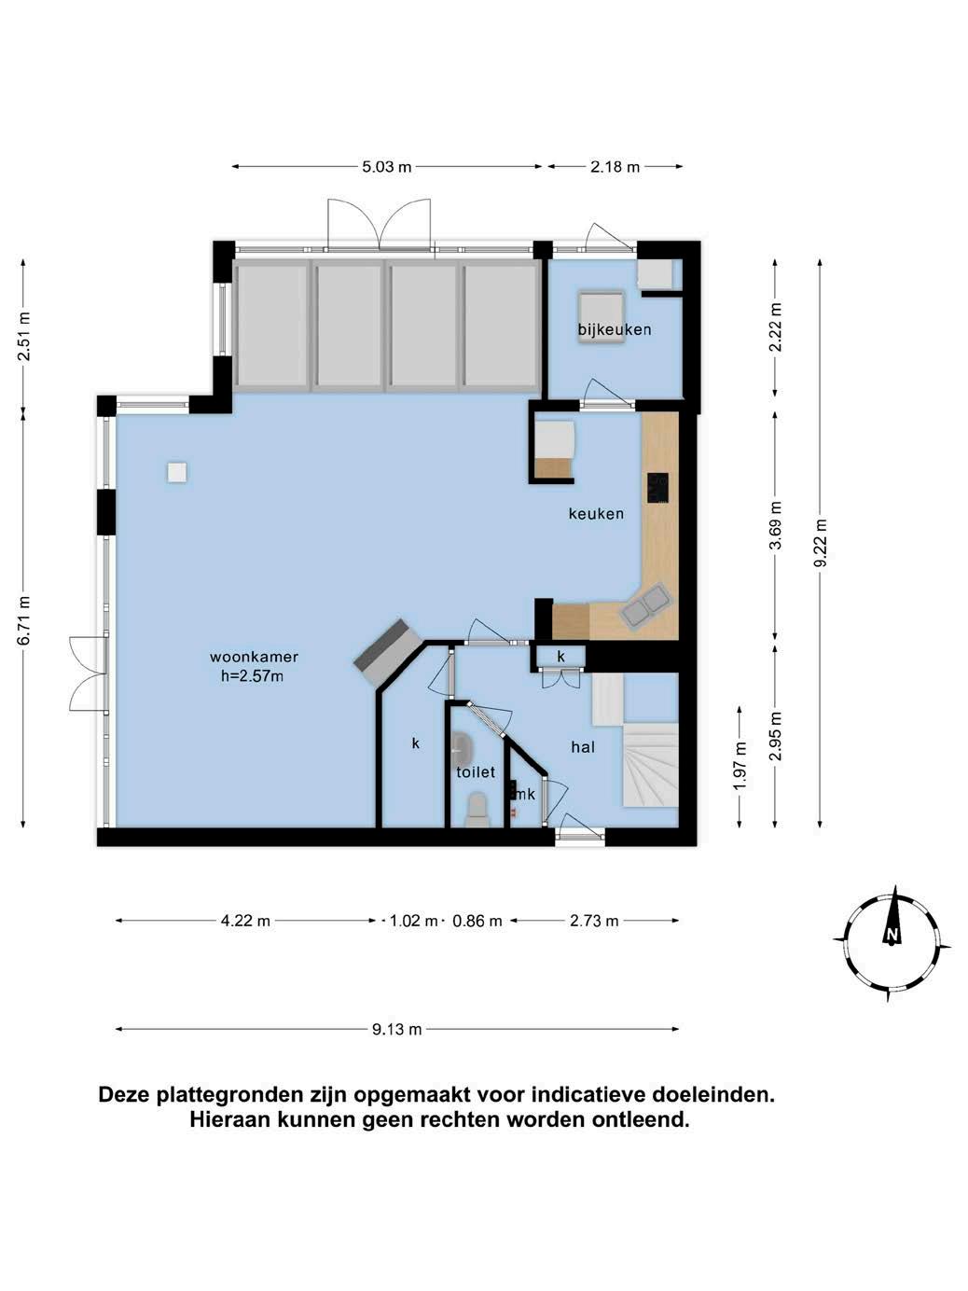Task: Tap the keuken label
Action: pyautogui.click(x=596, y=514)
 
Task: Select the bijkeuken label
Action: pyautogui.click(x=615, y=329)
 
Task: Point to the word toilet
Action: pyautogui.click(x=476, y=771)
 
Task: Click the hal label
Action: pyautogui.click(x=583, y=747)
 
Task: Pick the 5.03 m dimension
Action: pyautogui.click(x=386, y=166)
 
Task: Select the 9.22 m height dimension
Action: pyautogui.click(x=820, y=543)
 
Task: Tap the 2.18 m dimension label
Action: pyautogui.click(x=615, y=166)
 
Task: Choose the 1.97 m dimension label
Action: pyautogui.click(x=740, y=766)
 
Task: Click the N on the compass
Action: pyautogui.click(x=892, y=934)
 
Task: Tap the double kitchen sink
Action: pyautogui.click(x=644, y=605)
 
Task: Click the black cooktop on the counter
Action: pyautogui.click(x=657, y=488)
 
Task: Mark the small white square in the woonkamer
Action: pyautogui.click(x=177, y=472)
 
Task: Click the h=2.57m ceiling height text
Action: pyautogui.click(x=252, y=676)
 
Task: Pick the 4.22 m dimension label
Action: pyautogui.click(x=245, y=921)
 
